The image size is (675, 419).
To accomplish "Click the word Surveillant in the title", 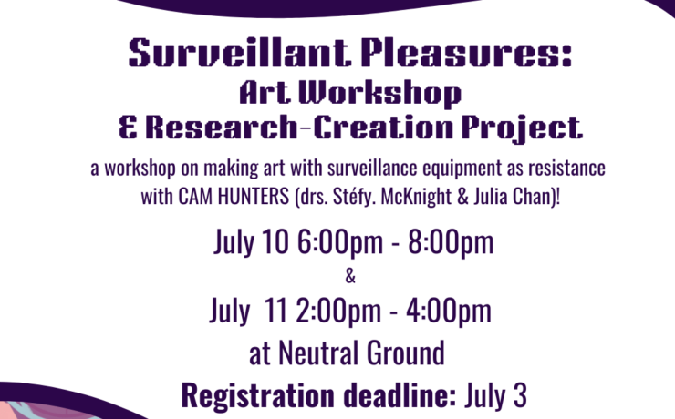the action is point(240,53).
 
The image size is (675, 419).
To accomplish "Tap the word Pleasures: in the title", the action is point(467,53).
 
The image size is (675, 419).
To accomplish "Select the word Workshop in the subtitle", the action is point(380,94).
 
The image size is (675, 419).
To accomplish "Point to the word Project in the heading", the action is point(523,128).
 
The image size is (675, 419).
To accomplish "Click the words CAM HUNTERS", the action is point(234,197).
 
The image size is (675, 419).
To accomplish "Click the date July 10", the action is point(251,242).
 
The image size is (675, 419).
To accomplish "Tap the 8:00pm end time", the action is point(451,243).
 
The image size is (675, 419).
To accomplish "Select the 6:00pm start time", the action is point(340,243).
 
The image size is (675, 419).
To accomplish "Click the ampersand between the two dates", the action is point(350,276).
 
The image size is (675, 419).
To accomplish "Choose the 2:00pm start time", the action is point(338,312).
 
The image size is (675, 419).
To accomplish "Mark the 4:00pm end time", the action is point(449,312).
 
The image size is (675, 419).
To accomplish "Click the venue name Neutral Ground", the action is point(361,353).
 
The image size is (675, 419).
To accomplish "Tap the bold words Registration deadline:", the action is point(318,395).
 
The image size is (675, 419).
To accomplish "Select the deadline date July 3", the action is point(495,395).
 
